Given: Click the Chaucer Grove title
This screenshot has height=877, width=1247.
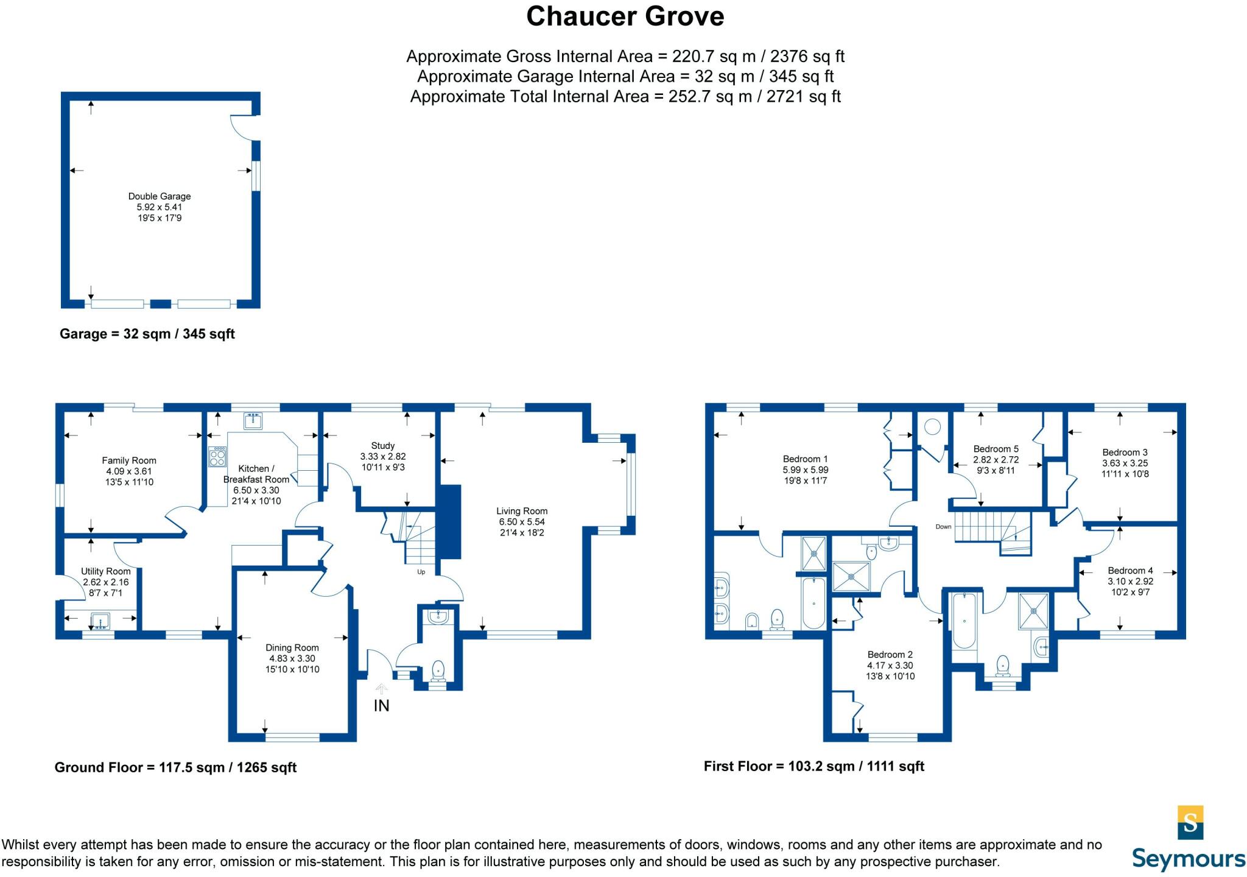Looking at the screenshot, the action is (625, 16).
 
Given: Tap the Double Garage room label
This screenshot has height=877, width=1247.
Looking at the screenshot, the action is (160, 196).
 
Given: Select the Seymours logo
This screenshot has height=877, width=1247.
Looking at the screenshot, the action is (1189, 839).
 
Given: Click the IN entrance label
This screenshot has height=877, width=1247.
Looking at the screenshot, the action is (381, 706).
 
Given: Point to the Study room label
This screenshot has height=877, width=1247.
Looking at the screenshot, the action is (383, 446).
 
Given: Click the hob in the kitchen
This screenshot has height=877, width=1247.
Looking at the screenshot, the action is (217, 457).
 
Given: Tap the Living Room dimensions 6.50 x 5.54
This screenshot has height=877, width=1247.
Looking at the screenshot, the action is (522, 522).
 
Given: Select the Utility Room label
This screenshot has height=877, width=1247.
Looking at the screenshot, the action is (106, 571).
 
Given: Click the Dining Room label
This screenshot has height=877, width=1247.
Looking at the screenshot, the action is (292, 648).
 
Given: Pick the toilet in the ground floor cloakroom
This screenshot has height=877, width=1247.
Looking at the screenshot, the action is (438, 671).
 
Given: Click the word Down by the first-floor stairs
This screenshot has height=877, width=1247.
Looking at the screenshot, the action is (943, 527).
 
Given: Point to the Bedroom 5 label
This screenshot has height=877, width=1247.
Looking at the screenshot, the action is (996, 449).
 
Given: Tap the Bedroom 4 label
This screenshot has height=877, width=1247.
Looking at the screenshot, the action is (1130, 571).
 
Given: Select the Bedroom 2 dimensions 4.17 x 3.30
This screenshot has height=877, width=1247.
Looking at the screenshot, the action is (890, 666).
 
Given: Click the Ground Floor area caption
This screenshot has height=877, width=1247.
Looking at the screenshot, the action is (175, 767).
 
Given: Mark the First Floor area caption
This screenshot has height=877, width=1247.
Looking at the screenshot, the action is (814, 766).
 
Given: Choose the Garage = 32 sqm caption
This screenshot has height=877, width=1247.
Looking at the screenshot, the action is (147, 334).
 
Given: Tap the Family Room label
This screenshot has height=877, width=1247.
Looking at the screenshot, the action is (129, 460).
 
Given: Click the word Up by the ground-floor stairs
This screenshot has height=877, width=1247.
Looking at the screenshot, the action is (421, 572).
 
